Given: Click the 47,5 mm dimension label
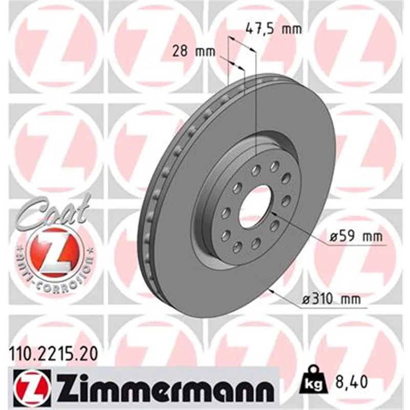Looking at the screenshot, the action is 274,29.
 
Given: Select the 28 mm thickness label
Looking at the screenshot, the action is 194,51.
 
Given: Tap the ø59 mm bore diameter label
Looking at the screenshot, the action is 356,236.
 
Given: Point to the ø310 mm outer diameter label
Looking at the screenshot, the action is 331,299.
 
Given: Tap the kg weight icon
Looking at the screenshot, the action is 314,382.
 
